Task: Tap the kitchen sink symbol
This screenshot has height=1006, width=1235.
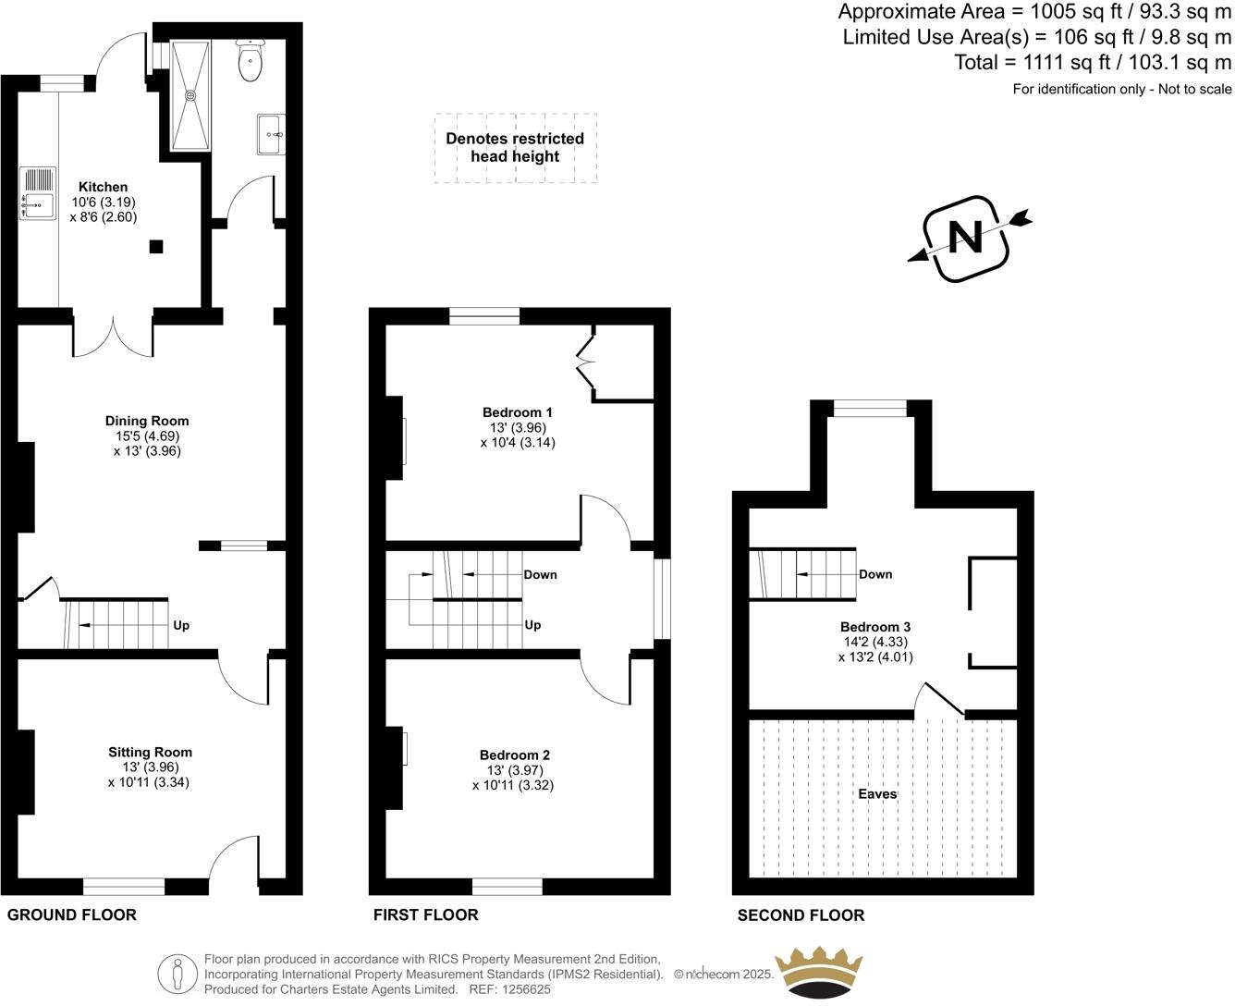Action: (38, 194)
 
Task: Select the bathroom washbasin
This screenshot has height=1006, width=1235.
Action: (271, 135)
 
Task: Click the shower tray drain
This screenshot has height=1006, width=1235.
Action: (191, 94)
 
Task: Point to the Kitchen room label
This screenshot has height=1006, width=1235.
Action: (103, 187)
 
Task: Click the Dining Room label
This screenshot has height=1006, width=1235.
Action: (146, 421)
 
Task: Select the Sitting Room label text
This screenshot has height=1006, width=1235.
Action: (150, 752)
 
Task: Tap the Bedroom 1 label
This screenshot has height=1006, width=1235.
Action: (517, 412)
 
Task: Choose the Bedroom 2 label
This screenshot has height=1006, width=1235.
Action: (514, 755)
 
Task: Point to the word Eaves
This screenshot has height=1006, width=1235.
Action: (877, 793)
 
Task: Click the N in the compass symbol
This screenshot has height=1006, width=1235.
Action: (966, 239)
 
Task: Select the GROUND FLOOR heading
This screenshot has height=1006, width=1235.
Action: (72, 915)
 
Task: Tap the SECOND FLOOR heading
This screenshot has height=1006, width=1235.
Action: (801, 915)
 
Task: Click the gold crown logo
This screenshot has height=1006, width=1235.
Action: (818, 973)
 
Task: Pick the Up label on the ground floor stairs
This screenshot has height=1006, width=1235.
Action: (181, 625)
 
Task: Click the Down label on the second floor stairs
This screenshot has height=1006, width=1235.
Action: (875, 574)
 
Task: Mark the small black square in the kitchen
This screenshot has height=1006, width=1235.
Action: (156, 246)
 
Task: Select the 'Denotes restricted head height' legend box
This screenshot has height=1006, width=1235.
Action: (515, 148)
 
